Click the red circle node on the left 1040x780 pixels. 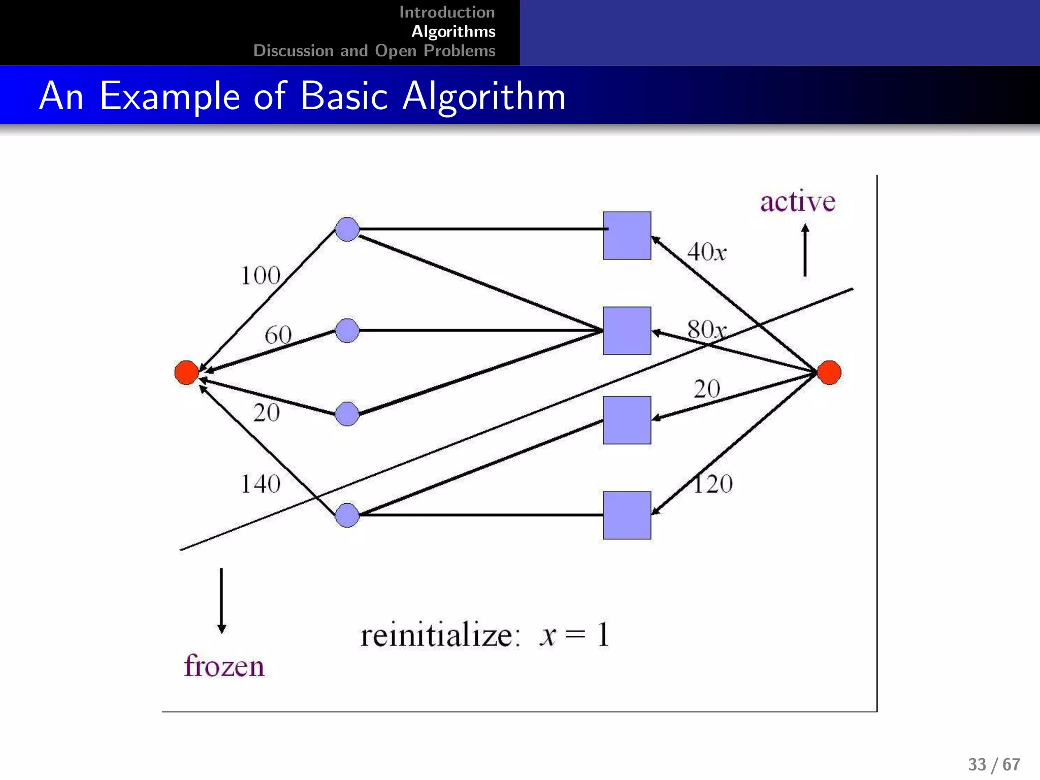pos(186,372)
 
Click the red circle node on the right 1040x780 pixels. pos(829,372)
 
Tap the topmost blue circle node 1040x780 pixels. pos(347,229)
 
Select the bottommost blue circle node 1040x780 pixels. pos(347,515)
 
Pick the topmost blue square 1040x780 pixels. pos(627,236)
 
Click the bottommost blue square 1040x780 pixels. pos(627,515)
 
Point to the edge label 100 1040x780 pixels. pos(261,276)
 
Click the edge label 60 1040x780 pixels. pos(278,335)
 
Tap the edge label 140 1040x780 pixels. pos(261,484)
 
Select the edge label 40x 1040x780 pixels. pos(706,252)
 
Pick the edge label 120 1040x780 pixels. pos(712,484)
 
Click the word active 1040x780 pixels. pos(797,202)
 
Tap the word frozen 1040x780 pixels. pos(224,666)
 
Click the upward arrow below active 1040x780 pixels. pos(805,250)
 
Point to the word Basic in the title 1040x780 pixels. pos(344,96)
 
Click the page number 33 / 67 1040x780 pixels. pos(994,764)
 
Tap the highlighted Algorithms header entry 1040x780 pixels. pos(453,31)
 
